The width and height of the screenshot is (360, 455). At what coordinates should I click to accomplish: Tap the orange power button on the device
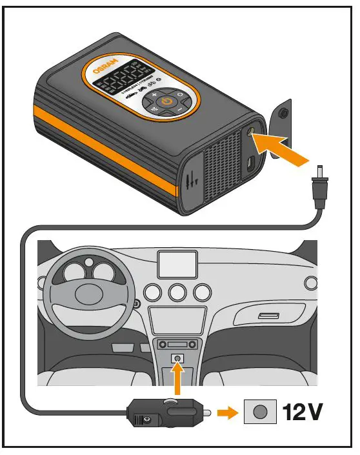(x=166, y=101)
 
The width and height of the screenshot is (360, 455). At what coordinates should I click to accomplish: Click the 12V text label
(x=303, y=412)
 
